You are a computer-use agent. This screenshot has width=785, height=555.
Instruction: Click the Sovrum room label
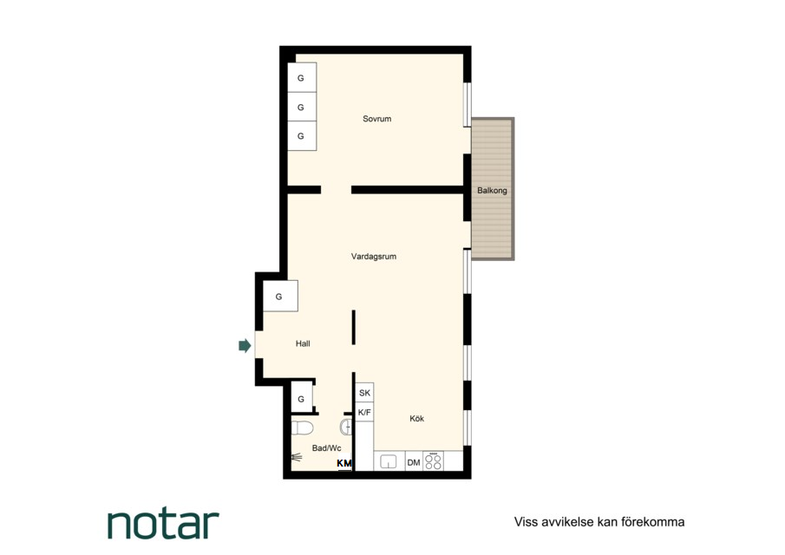(377, 119)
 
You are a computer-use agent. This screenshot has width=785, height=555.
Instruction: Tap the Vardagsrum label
(374, 256)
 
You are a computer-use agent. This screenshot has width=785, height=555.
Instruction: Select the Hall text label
(303, 343)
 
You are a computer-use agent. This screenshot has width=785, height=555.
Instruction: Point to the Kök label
(416, 418)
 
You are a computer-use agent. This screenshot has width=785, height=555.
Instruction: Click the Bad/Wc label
(326, 448)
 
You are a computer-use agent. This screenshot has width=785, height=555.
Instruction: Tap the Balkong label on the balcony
(492, 190)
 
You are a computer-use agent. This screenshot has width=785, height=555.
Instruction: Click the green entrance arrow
(245, 345)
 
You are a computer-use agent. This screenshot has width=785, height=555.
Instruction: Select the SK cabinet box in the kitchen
(364, 393)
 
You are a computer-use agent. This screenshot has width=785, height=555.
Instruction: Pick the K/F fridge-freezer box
(364, 413)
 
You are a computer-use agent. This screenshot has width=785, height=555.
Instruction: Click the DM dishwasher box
(414, 462)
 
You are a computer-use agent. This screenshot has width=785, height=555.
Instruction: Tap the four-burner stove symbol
(434, 461)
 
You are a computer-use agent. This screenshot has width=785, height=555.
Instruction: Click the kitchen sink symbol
(389, 461)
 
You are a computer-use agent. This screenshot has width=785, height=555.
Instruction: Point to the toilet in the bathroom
(303, 428)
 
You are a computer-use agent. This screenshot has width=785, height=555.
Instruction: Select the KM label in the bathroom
(344, 463)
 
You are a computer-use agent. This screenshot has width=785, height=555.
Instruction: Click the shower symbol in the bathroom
(297, 457)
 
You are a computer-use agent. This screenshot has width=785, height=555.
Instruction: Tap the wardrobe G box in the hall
(280, 297)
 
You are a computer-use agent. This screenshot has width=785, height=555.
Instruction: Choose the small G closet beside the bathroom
(301, 398)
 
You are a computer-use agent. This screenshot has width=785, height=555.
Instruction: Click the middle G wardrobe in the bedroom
(301, 107)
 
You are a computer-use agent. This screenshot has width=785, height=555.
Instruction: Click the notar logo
(163, 524)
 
